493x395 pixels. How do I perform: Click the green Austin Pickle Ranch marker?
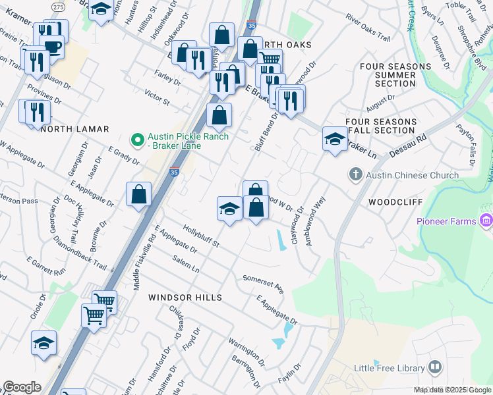coord(137,140)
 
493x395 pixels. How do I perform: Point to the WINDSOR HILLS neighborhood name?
coord(185,298)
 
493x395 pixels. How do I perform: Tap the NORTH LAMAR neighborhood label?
coord(74,130)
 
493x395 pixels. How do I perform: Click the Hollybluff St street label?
coord(200,234)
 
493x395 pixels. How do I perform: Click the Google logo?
coord(21,387)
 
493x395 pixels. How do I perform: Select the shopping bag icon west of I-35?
coord(139,194)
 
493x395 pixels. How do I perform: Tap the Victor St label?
coord(157,99)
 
